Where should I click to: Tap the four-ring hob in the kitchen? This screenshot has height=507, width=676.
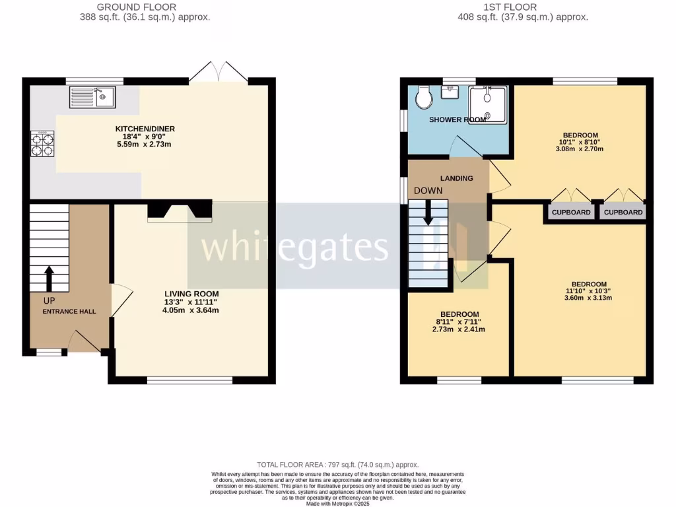point(40,144)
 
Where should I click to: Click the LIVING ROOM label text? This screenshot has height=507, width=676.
point(191,294)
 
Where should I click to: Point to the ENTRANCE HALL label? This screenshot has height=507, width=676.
point(69,311)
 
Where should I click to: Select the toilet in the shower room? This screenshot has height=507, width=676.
point(424,98)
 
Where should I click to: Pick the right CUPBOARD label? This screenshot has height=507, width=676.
point(623,213)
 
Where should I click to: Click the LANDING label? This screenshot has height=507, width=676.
point(457,178)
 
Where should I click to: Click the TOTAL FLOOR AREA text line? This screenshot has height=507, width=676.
point(337,465)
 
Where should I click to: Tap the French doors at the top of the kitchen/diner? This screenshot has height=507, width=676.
point(219,73)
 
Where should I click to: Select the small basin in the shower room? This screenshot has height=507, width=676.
point(451,93)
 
